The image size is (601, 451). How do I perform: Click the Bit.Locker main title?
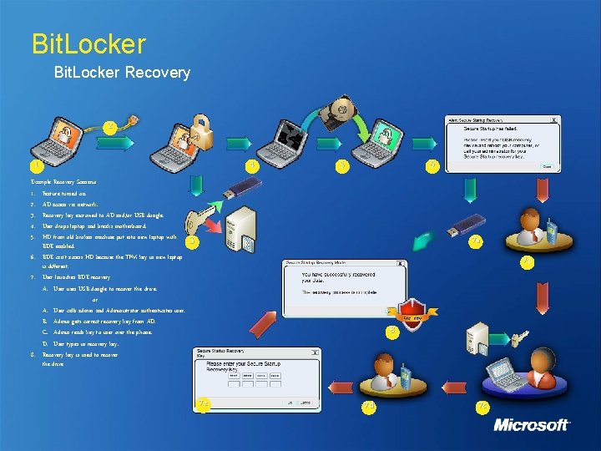88,43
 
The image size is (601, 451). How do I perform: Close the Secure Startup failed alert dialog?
554,119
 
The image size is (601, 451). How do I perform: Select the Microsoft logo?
532,424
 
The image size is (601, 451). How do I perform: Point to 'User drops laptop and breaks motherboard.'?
94,225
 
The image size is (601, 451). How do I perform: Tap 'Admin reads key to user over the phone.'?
103,332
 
